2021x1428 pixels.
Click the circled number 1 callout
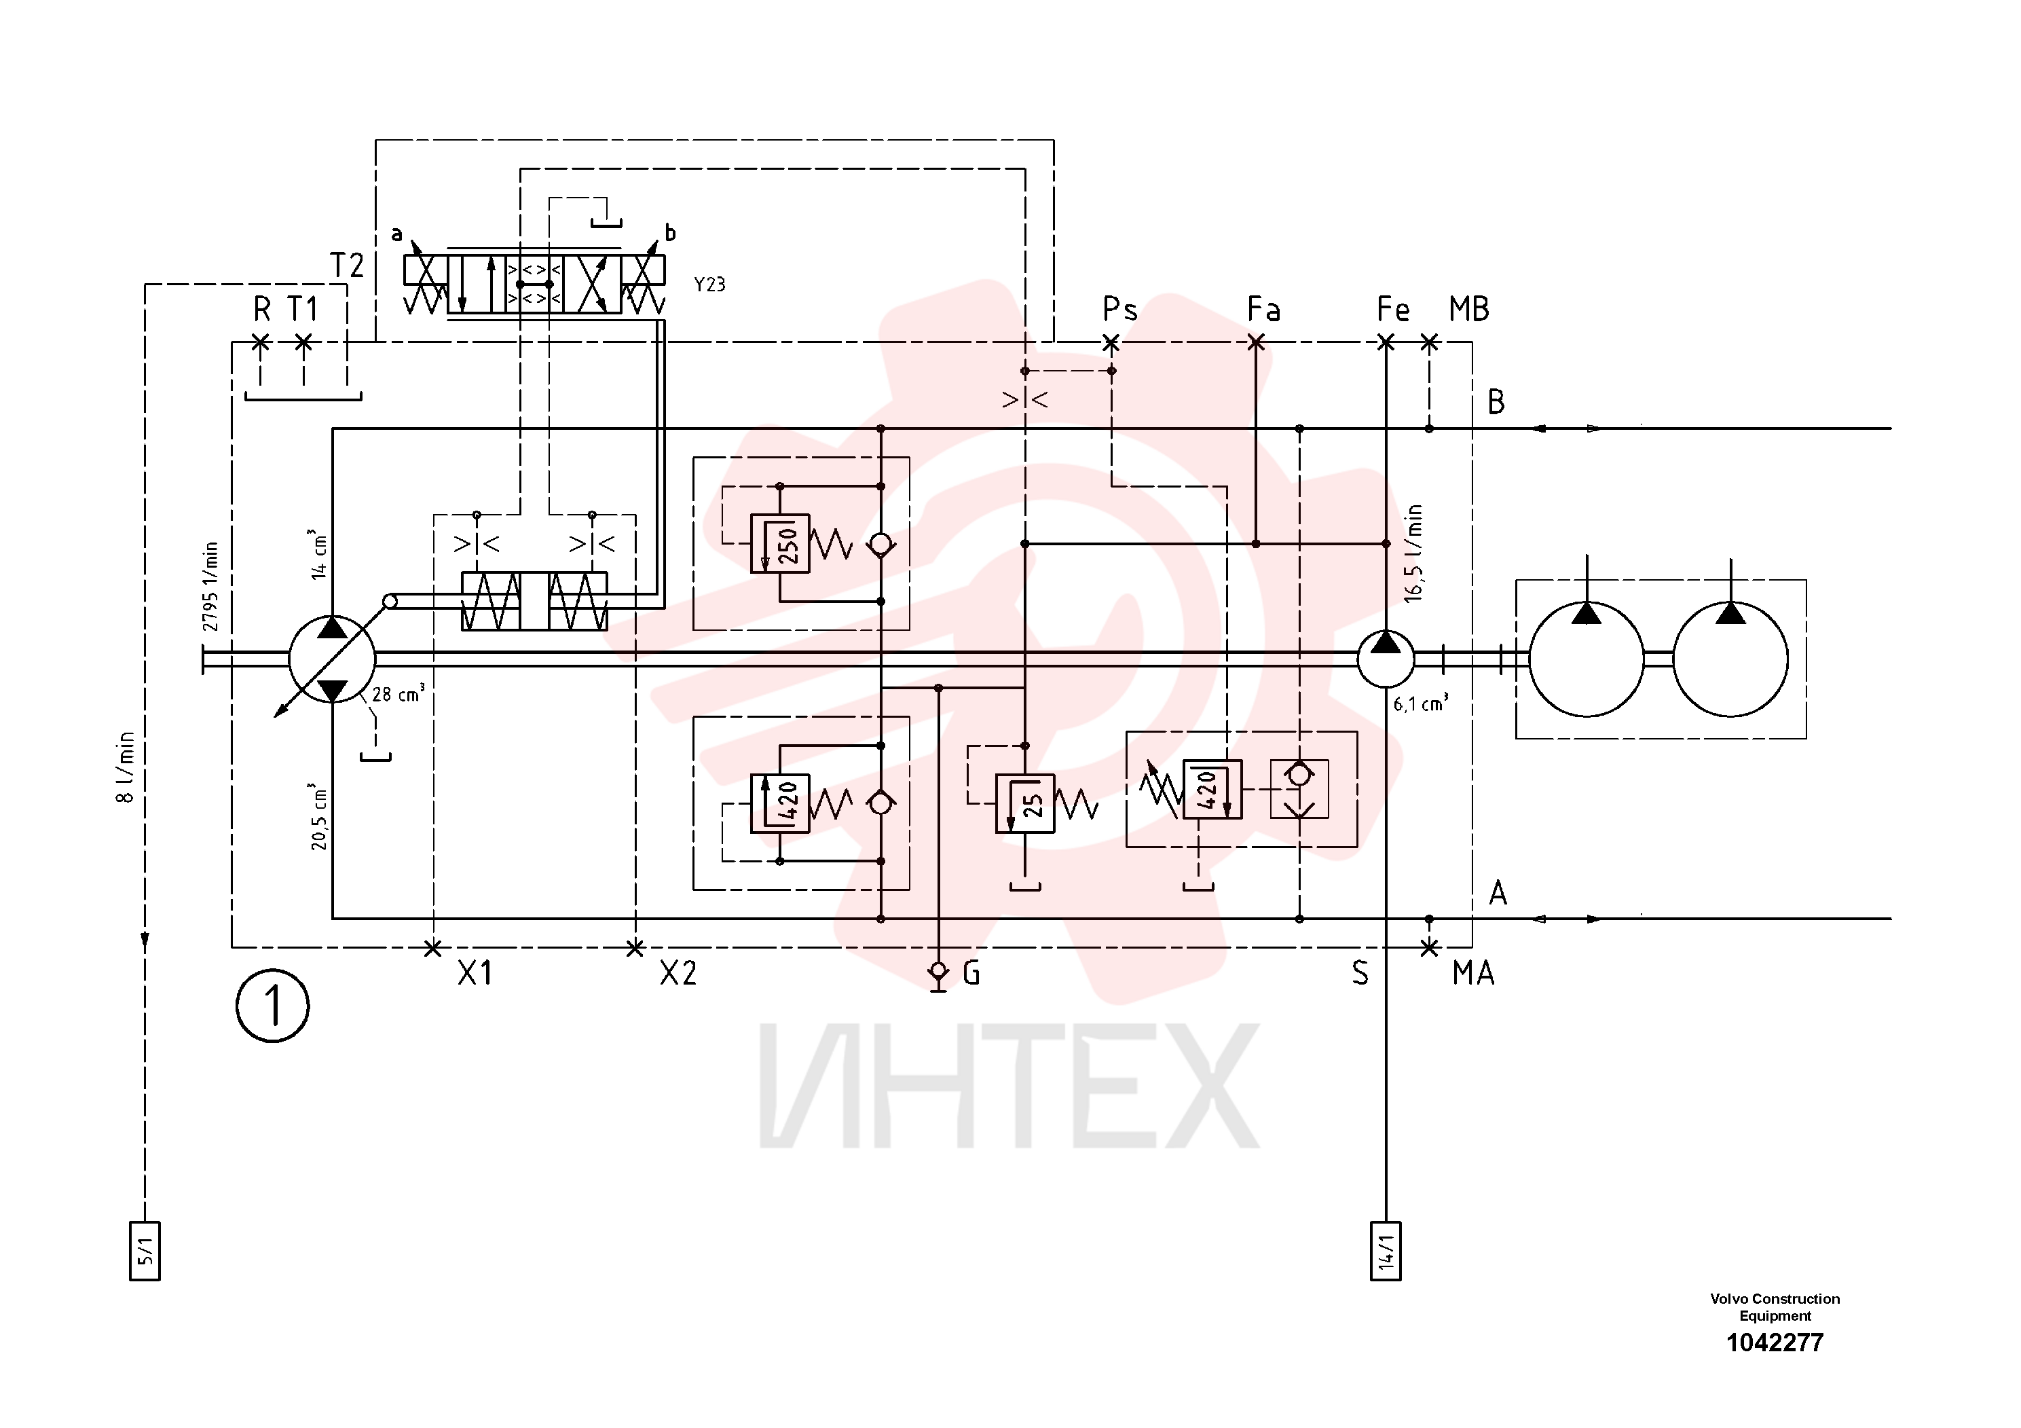coord(273,1006)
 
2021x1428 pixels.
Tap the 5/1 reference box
coord(145,1251)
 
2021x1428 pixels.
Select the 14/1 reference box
coord(1386,1251)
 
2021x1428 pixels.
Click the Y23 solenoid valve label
coord(709,285)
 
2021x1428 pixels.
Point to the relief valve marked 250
coord(780,544)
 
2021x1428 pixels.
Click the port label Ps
coord(1119,310)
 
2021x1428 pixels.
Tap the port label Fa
coord(1264,309)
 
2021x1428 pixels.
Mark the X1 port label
coord(475,973)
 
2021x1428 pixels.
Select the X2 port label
coord(678,973)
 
